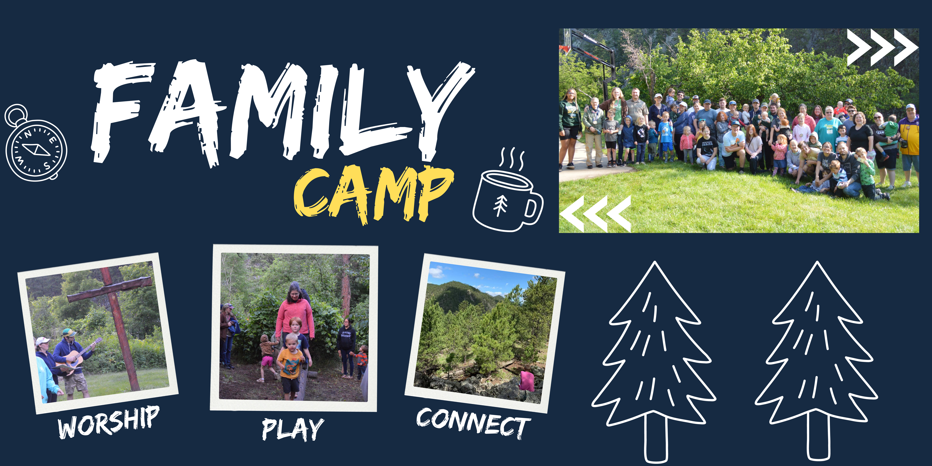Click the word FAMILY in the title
tap(282, 112)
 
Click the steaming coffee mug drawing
tap(508, 190)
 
